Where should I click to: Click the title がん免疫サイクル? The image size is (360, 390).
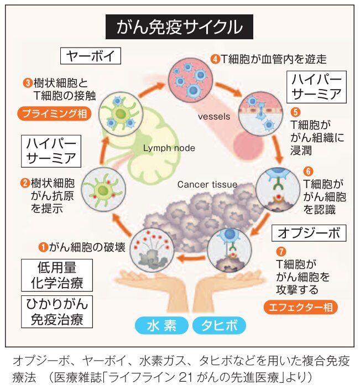click(x=179, y=26)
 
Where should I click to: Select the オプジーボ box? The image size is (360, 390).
click(x=309, y=232)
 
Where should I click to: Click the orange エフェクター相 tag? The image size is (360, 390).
click(x=300, y=307)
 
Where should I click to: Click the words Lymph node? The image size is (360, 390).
click(x=169, y=148)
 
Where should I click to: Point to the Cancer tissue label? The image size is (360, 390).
click(x=207, y=184)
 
